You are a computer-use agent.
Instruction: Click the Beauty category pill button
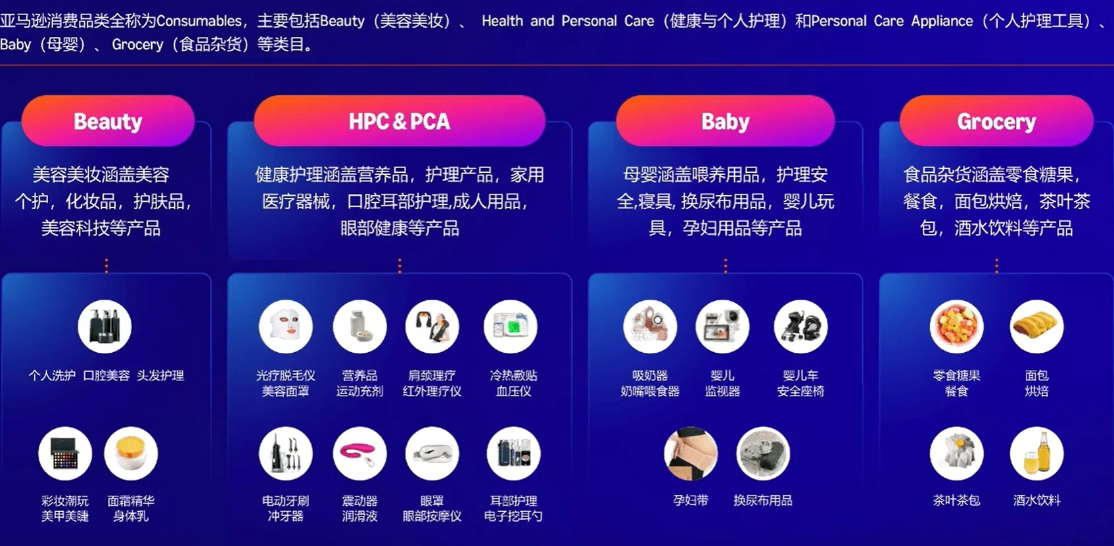(108, 122)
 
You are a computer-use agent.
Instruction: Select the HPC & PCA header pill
(399, 122)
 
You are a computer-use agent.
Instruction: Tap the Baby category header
(725, 122)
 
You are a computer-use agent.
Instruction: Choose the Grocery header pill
(996, 122)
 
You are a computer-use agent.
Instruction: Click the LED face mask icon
(285, 327)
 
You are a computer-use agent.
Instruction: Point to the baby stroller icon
(801, 327)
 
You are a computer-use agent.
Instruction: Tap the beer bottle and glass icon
(1036, 453)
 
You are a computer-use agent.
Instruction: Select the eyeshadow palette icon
(65, 453)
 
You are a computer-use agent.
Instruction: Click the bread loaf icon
(1036, 327)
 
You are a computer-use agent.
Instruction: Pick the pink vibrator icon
(360, 453)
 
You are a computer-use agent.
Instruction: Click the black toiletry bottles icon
(104, 327)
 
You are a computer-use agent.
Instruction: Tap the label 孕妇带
(691, 501)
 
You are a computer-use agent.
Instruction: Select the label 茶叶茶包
(956, 501)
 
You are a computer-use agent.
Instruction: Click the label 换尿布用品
(762, 501)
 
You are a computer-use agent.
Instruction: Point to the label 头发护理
(160, 376)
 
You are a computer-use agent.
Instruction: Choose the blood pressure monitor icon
(511, 327)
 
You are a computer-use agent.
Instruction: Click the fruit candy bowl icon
(956, 327)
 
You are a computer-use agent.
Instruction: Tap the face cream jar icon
(131, 453)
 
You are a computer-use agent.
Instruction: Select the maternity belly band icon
(691, 453)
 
